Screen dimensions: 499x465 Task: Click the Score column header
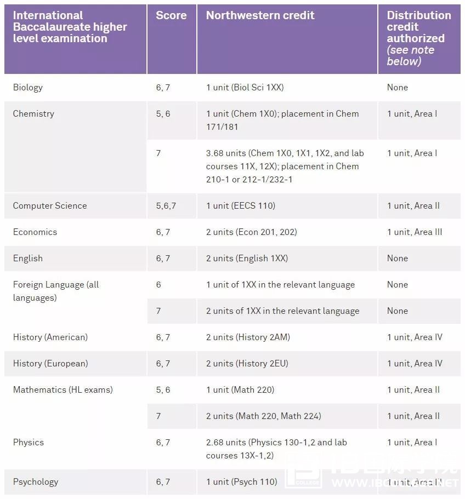point(171,16)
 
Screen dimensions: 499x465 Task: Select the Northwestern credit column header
point(260,16)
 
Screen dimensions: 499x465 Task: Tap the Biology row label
point(28,87)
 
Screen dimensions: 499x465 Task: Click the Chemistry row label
point(33,113)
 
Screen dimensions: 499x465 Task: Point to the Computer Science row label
point(50,205)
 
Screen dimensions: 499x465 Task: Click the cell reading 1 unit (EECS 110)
point(241,205)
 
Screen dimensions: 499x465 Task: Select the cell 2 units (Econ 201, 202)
point(252,232)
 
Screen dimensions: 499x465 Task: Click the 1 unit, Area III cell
point(415,232)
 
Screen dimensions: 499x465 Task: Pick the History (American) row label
point(50,337)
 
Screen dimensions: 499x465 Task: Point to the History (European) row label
point(50,363)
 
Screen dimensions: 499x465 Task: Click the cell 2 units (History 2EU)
point(247,363)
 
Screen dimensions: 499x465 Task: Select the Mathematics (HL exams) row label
point(63,389)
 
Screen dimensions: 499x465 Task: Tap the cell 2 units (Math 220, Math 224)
point(264,416)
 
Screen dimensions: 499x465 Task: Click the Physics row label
point(29,442)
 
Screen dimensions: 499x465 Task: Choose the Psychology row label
point(36,481)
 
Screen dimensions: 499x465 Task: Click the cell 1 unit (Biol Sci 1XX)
point(245,87)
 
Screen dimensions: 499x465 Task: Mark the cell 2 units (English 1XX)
point(247,258)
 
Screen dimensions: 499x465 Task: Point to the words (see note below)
point(411,55)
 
